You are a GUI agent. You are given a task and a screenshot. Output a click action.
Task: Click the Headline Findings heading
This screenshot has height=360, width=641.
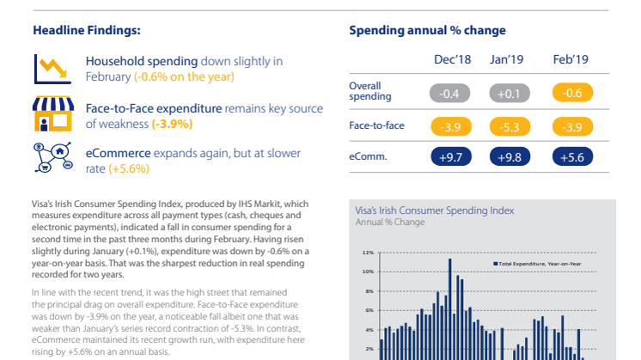point(87,31)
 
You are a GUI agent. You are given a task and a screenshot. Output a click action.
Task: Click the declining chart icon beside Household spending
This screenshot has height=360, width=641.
point(47,68)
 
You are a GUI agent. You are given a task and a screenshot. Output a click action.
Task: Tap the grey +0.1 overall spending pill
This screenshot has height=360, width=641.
point(508,93)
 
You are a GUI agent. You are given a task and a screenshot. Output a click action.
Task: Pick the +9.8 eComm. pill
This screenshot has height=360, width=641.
point(508,157)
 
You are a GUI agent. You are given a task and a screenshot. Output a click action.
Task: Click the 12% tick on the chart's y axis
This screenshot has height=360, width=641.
point(367,253)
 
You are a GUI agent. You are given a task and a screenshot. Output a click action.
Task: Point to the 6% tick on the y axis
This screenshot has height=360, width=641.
point(368,311)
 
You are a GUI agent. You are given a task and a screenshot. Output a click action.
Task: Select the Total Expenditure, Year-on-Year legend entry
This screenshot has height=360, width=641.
point(537,262)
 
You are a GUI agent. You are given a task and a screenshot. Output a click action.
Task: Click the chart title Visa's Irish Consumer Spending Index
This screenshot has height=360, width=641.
point(434,210)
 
